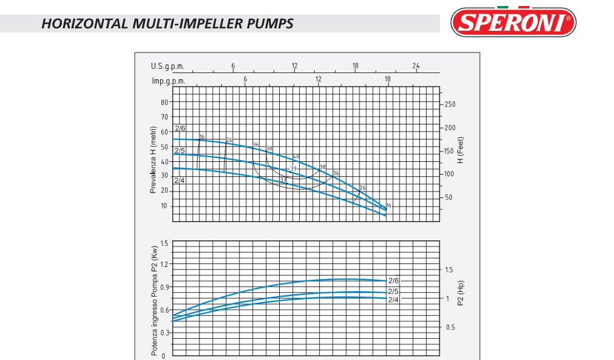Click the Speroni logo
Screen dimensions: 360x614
(513, 22)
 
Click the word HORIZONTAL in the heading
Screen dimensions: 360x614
(85, 24)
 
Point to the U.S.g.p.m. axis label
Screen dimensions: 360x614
(167, 66)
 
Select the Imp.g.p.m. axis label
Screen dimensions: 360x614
(169, 80)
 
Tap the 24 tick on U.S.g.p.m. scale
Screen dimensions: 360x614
(416, 66)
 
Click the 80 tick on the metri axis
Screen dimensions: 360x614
(164, 103)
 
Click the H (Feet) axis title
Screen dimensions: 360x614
(460, 150)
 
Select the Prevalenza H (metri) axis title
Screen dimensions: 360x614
(153, 160)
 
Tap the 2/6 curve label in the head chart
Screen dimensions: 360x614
(180, 128)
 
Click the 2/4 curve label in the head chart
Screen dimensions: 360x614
(179, 181)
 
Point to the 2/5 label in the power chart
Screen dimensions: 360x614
(393, 292)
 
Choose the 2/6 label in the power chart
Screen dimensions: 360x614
(393, 281)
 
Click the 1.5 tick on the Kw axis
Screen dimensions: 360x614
(163, 243)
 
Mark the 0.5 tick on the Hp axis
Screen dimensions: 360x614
(450, 327)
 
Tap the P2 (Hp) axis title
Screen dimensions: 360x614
(460, 293)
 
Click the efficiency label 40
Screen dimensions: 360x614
(296, 157)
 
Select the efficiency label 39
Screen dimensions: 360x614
(293, 169)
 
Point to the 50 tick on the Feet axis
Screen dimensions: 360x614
(448, 198)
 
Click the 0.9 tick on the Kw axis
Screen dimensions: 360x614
(163, 287)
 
